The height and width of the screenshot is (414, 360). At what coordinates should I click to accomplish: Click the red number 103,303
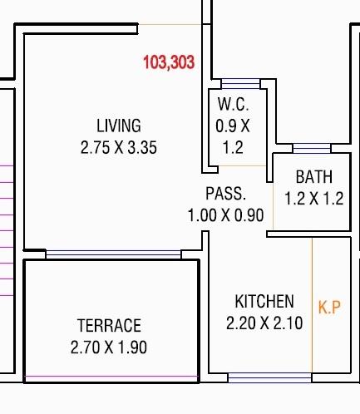169,62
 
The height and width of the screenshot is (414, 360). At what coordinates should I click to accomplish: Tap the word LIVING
119,126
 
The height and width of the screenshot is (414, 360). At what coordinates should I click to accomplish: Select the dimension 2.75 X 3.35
119,148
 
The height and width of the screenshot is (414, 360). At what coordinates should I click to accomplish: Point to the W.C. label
232,106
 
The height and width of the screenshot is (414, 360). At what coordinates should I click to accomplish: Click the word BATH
314,177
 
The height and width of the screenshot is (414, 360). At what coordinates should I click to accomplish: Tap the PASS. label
226,194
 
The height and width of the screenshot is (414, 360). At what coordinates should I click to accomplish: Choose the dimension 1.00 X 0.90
226,215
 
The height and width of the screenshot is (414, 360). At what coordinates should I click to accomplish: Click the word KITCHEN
264,301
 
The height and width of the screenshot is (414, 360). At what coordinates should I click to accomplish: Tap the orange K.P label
330,307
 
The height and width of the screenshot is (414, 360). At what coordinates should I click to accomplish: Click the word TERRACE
109,325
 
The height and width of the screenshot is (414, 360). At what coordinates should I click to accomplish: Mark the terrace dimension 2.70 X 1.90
109,347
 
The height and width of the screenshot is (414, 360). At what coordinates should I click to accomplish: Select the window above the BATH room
311,150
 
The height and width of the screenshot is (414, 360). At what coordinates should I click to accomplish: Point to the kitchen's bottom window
259,377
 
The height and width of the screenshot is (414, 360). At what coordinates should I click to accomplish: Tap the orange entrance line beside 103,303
170,25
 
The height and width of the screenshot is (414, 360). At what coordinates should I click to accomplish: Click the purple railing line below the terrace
111,379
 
